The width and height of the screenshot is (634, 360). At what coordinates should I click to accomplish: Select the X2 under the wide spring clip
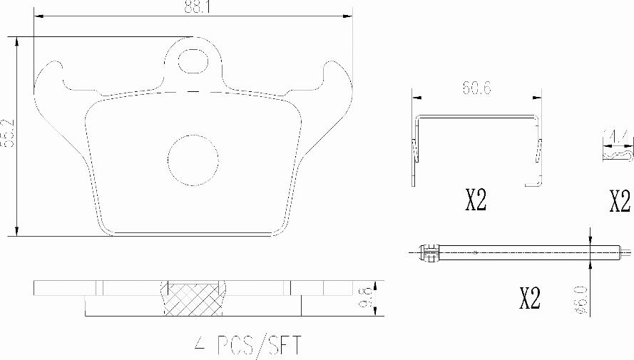pyautogui.click(x=476, y=202)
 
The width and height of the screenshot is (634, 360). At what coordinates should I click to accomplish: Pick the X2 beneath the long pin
pyautogui.click(x=529, y=299)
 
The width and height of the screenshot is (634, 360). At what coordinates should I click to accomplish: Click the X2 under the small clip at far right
pyautogui.click(x=620, y=202)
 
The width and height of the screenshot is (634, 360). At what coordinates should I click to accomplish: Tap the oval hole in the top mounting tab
pyautogui.click(x=191, y=61)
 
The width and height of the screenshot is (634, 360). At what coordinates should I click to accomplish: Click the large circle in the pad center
pyautogui.click(x=193, y=158)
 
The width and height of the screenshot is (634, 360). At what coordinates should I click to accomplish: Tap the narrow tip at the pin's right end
pyautogui.click(x=625, y=252)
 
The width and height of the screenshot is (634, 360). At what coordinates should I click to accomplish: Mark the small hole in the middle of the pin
pyautogui.click(x=476, y=252)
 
